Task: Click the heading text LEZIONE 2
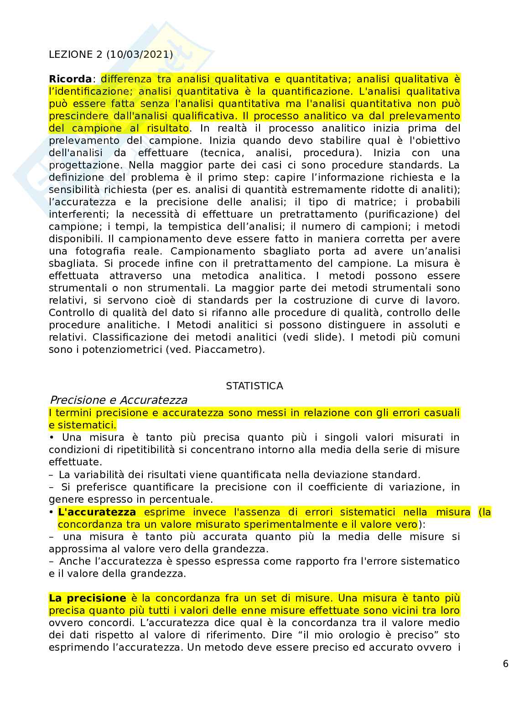[71, 55]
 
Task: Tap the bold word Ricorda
[70, 79]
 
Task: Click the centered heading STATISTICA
[254, 386]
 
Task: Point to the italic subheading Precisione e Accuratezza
[118, 400]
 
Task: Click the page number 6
[505, 664]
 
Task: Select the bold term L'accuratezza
[97, 512]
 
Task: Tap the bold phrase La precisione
[87, 598]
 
